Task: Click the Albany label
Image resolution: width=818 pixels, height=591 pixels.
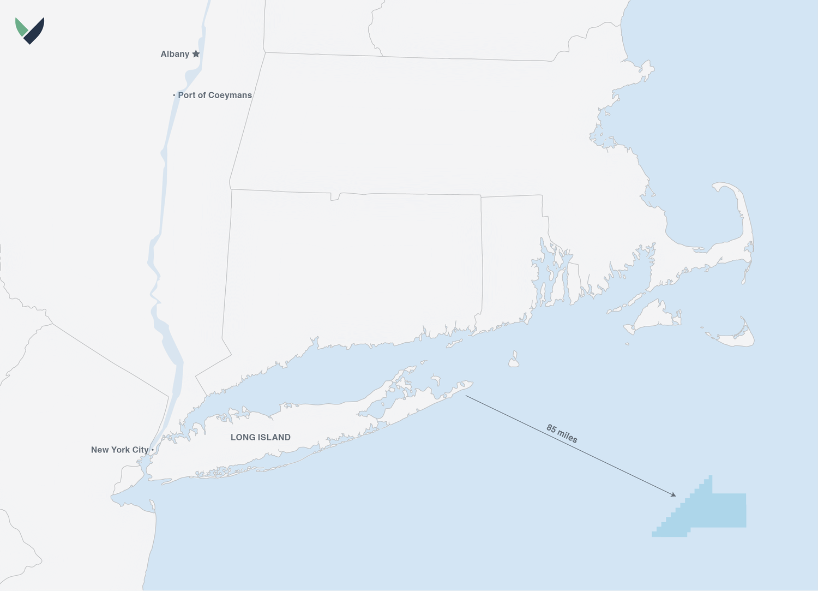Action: coord(175,54)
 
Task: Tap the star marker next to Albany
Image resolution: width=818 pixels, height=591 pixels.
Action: coord(196,53)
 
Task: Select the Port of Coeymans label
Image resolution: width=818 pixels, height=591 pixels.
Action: coord(215,95)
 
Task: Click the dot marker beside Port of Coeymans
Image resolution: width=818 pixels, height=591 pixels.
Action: coord(174,95)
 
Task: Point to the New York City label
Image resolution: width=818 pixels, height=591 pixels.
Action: coord(119,450)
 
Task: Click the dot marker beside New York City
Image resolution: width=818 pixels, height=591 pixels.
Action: coord(153,450)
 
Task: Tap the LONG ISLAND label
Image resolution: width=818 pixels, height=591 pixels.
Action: coord(261,437)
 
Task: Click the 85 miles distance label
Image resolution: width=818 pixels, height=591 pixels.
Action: coord(562,434)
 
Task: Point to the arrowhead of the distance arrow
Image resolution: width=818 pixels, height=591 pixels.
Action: coord(674,495)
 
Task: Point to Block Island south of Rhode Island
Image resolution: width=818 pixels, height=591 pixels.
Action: coord(513,361)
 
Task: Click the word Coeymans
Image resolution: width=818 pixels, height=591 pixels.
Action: coord(230,95)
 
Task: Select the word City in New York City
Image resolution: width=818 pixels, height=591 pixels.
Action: coord(140,450)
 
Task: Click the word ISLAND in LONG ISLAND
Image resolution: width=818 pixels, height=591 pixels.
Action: coord(275,437)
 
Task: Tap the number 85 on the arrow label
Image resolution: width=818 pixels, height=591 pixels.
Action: coord(551,429)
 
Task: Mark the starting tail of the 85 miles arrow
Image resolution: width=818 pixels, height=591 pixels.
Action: coord(466,396)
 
